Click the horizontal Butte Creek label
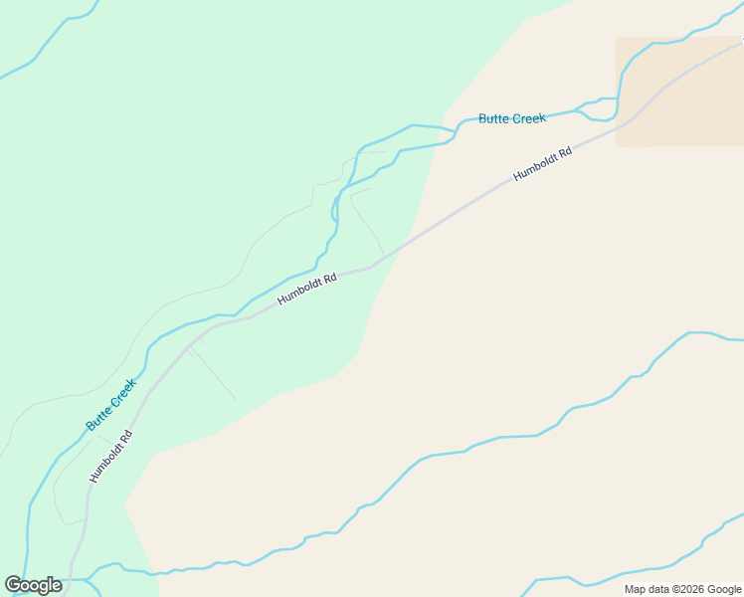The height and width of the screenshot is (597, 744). [511, 118]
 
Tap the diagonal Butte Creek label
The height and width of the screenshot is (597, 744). [110, 405]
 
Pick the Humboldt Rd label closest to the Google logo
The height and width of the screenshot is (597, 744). [110, 457]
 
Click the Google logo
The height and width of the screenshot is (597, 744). [34, 585]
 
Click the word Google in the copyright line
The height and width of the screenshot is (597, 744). [725, 590]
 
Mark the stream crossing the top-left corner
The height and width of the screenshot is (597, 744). [50, 40]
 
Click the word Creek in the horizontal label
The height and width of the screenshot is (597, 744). [528, 118]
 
